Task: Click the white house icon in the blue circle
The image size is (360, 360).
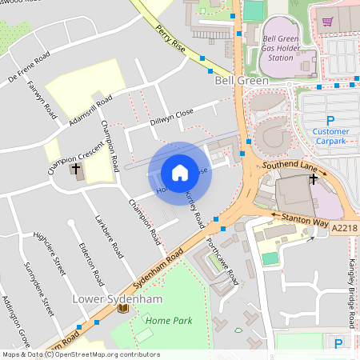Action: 180,173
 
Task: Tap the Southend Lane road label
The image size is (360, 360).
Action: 290,166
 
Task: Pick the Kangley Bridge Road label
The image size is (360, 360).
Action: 351,294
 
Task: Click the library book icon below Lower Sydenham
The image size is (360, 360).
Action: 122,311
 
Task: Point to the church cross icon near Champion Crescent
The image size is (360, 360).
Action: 77,170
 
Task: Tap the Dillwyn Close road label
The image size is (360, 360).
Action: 171,118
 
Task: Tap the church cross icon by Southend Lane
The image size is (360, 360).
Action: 313,180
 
